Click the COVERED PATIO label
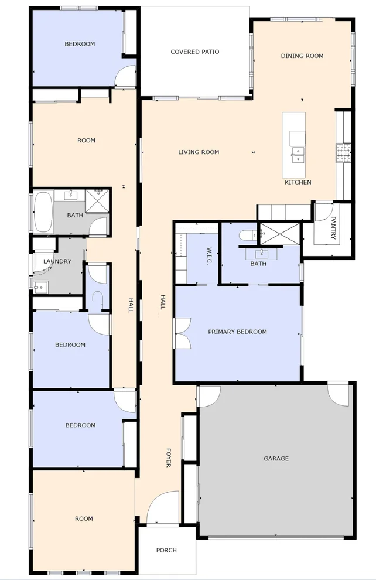click(194, 52)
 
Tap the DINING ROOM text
click(302, 56)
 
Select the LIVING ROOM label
click(199, 152)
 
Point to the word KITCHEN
click(298, 183)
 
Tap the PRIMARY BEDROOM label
click(237, 332)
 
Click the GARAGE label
click(276, 459)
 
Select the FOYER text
click(168, 458)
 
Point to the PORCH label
click(166, 551)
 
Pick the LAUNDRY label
click(57, 262)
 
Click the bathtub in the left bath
click(43, 213)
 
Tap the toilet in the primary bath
click(247, 236)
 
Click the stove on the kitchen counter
click(343, 153)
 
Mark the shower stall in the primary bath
click(279, 233)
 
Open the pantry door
click(324, 212)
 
